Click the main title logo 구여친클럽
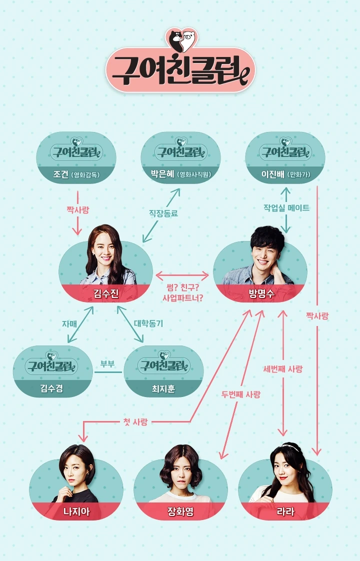(x=180, y=69)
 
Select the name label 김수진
(x=106, y=293)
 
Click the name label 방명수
(x=261, y=293)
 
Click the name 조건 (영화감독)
(x=76, y=175)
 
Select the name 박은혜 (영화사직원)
(x=180, y=175)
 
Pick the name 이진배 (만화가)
(x=285, y=175)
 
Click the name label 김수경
(x=52, y=388)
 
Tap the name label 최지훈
(x=163, y=388)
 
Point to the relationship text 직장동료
(x=163, y=213)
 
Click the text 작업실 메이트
(x=286, y=208)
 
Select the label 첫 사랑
(x=135, y=422)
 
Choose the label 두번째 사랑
(x=241, y=394)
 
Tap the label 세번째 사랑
(x=282, y=369)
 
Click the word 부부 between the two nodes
(x=107, y=363)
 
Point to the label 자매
(x=69, y=323)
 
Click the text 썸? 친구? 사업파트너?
(x=182, y=293)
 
